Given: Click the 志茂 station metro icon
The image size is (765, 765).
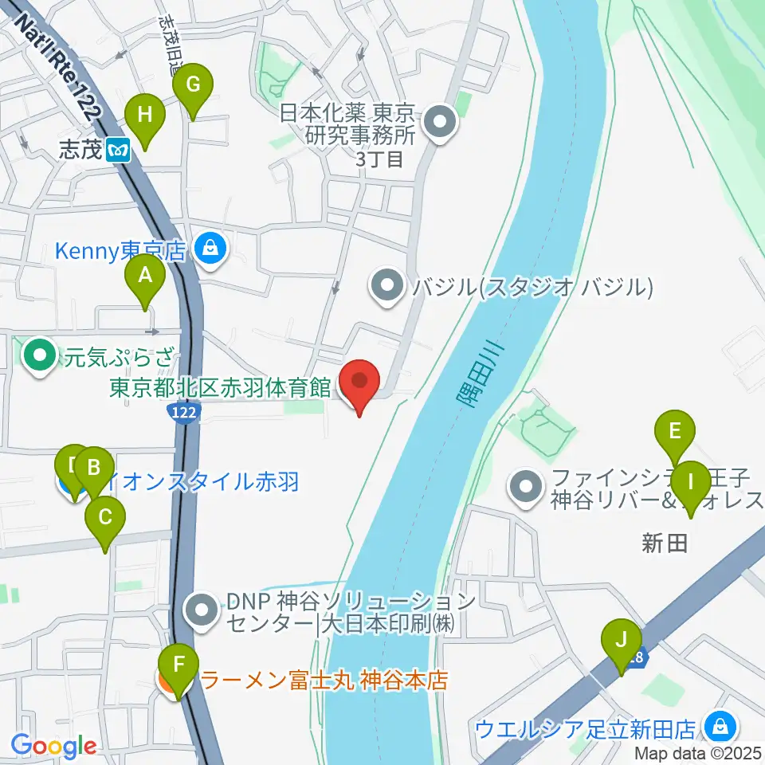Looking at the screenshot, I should [x=120, y=150].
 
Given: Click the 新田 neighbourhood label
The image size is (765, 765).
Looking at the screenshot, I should [x=664, y=544].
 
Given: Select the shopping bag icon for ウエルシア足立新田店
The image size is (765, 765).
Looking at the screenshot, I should [x=720, y=727].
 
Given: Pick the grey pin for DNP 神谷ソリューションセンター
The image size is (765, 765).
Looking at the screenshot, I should [x=199, y=611].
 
